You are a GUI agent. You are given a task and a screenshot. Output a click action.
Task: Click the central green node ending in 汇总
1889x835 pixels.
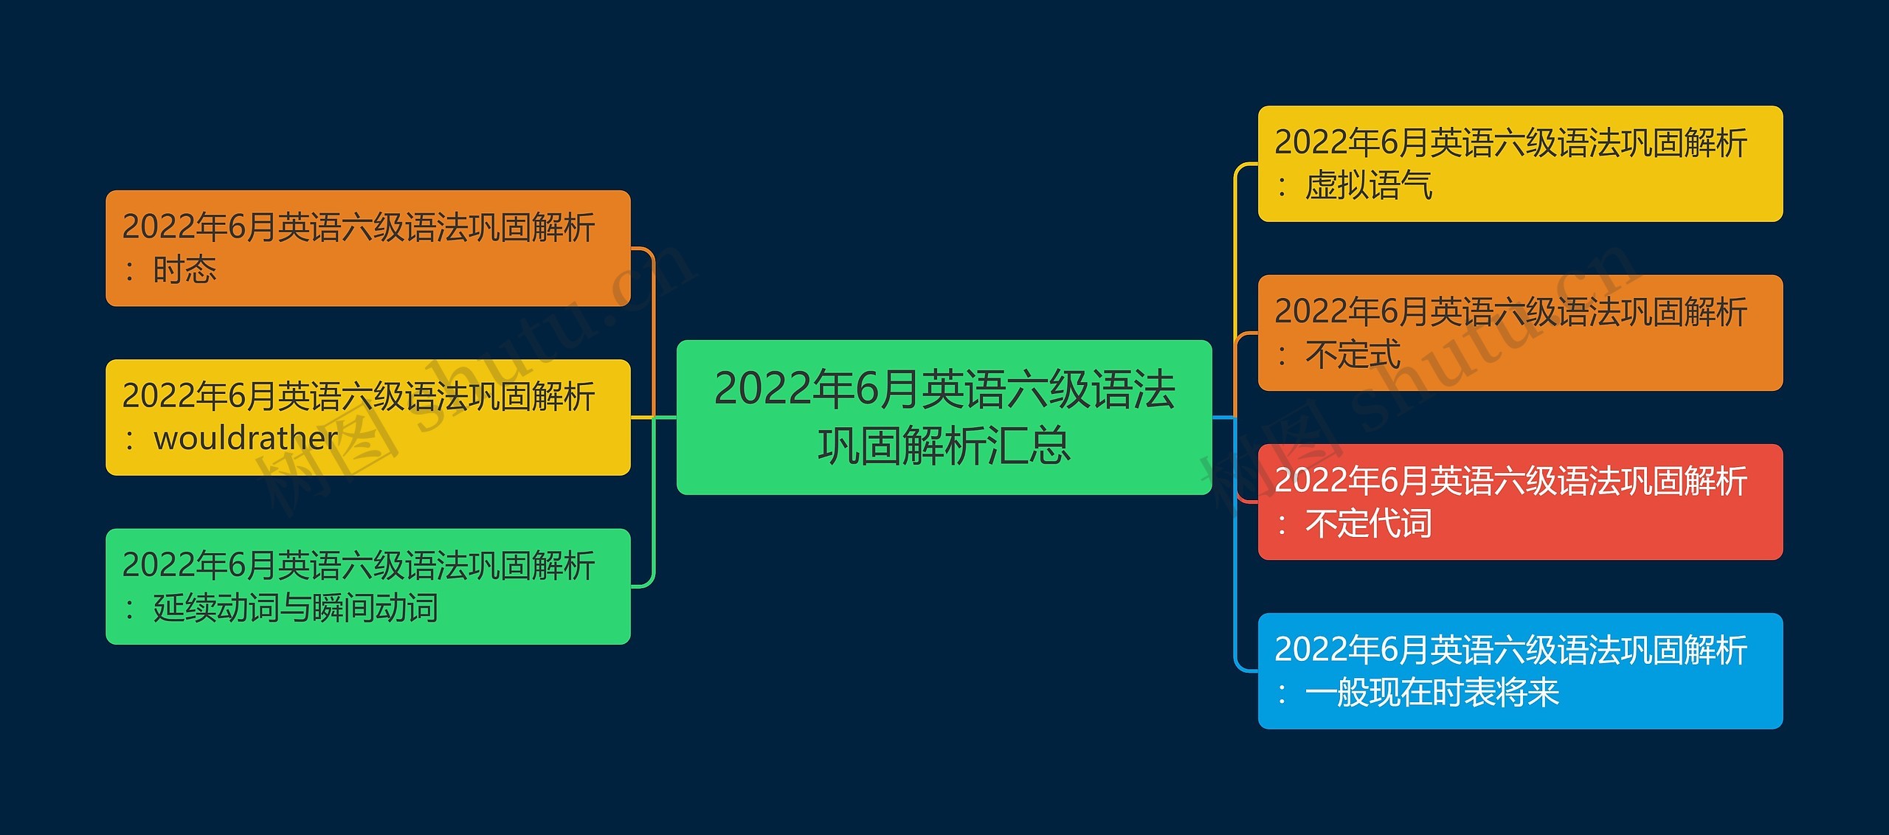(944, 417)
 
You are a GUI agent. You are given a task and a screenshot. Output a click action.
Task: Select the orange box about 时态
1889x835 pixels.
(367, 248)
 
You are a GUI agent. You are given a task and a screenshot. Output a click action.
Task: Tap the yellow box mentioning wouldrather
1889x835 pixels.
(367, 417)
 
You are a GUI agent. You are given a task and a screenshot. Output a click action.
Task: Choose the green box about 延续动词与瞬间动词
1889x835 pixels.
(367, 586)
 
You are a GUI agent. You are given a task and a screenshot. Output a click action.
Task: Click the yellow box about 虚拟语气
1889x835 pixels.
(1520, 164)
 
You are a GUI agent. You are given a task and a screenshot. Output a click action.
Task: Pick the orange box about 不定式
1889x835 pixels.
(1520, 333)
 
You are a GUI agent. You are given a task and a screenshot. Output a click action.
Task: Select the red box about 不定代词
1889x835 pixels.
(1520, 502)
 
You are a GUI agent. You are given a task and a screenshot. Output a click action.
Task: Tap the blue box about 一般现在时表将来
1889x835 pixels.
(1520, 671)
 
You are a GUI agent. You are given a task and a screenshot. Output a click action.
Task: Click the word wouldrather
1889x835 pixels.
(246, 438)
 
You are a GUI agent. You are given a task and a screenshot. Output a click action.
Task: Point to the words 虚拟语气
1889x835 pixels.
(1369, 185)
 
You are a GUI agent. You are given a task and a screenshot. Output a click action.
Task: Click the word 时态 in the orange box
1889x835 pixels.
(184, 269)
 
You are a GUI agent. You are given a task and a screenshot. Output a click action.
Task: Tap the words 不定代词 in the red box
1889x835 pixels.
(1369, 523)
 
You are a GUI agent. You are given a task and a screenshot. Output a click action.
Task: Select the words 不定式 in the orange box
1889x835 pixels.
(1353, 354)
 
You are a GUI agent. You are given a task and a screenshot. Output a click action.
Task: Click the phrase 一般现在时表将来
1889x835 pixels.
(1432, 692)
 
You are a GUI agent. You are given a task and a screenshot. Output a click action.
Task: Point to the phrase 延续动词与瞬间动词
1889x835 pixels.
(295, 608)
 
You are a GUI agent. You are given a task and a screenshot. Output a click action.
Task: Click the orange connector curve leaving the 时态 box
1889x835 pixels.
(654, 332)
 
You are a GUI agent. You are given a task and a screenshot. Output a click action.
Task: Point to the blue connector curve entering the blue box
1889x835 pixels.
(1235, 544)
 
